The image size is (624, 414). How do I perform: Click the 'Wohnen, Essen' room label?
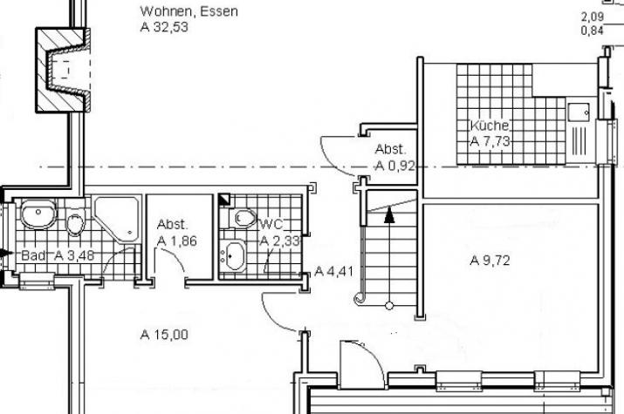point(189,11)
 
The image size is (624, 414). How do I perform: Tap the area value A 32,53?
point(164,27)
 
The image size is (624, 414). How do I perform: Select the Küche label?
point(490,126)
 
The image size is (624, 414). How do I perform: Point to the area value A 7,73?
point(490,141)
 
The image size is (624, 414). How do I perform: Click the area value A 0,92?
point(395,166)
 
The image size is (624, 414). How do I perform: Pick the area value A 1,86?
point(176,241)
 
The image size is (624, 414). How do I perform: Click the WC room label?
point(271,225)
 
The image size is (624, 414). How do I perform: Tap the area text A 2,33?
point(280,241)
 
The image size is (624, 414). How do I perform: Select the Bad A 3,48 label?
point(58,255)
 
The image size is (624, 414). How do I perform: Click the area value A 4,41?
point(334,271)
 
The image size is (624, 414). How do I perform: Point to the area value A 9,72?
point(490,261)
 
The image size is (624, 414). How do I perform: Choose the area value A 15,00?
point(164,335)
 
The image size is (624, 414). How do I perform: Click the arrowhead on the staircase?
point(389,215)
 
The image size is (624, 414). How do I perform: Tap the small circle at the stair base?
point(389,306)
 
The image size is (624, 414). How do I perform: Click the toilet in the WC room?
point(243,218)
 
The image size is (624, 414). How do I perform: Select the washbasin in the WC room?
point(235,255)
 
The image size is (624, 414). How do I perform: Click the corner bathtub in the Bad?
point(118,220)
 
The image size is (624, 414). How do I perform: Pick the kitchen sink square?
point(579,112)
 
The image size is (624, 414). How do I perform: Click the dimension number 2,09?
point(593,17)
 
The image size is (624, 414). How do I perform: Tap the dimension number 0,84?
point(593,31)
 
